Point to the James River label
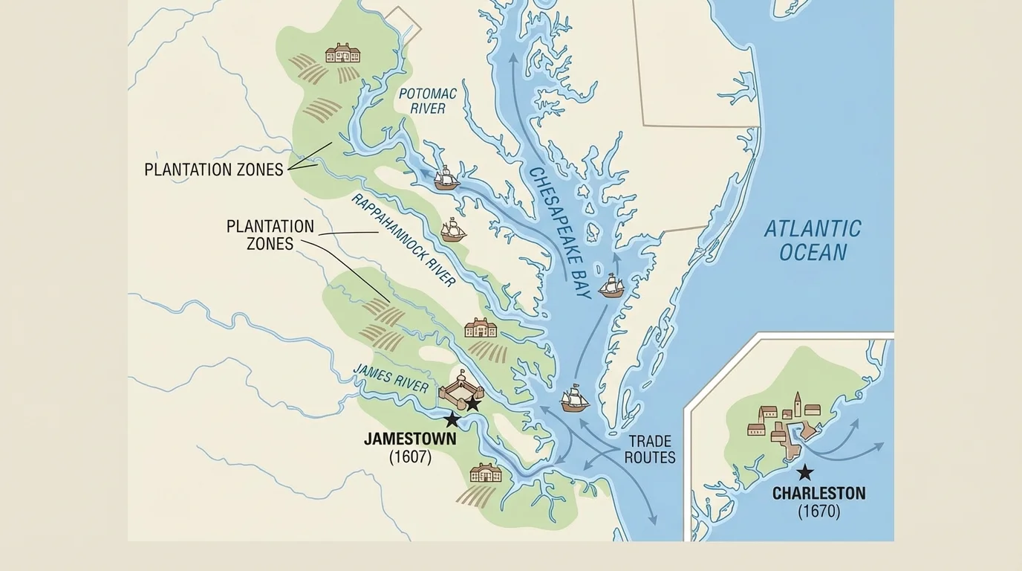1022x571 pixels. tap(391, 378)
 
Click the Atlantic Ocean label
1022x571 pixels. tap(813, 240)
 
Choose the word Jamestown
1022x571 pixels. tap(410, 439)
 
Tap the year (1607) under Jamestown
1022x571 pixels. tap(410, 457)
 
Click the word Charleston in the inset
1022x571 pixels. tap(818, 493)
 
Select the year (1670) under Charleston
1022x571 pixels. tap(818, 512)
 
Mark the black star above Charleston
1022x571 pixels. tap(804, 472)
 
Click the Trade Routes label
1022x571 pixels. tap(650, 449)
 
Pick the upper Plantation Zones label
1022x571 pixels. tap(214, 170)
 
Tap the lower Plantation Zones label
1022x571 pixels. tap(270, 235)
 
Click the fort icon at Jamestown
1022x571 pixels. tap(460, 387)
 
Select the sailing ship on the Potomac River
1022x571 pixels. tap(446, 178)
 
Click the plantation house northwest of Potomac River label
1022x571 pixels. tap(342, 53)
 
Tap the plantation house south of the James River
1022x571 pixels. tap(485, 472)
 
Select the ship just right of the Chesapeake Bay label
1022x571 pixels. tap(611, 285)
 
